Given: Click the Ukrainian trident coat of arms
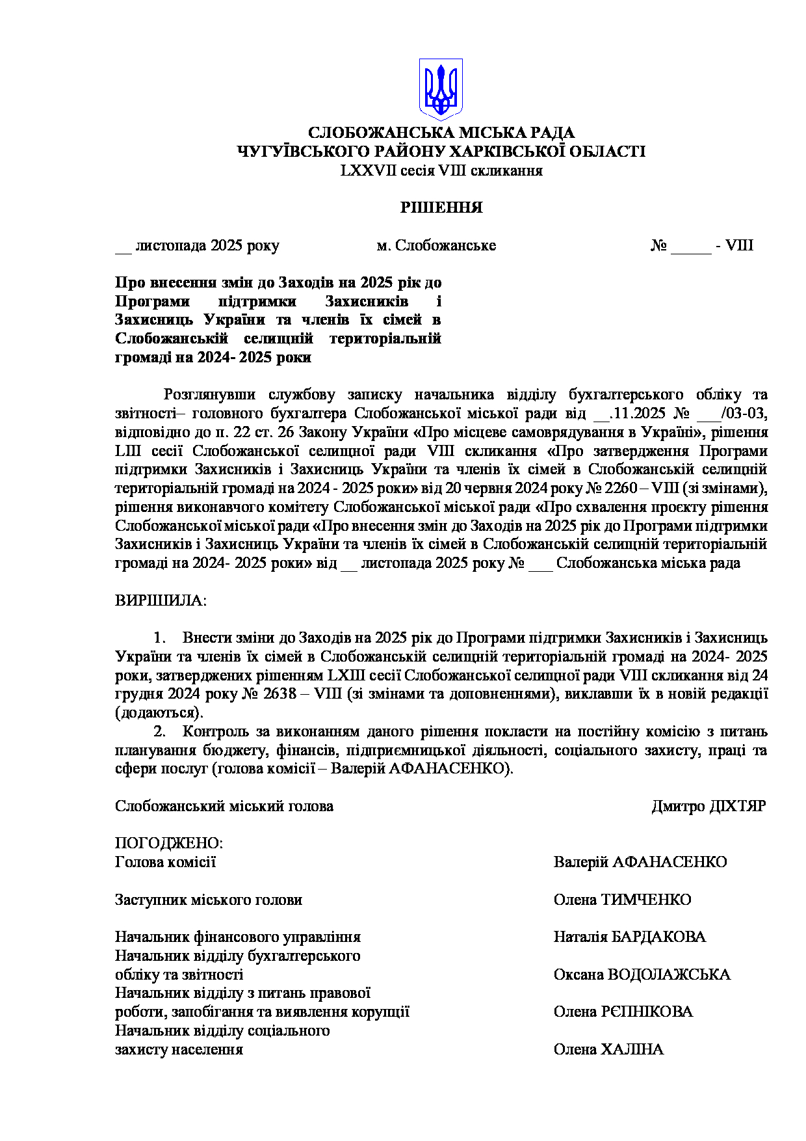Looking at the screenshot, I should pyautogui.click(x=440, y=88).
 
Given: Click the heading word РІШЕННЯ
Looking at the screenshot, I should pyautogui.click(x=441, y=208).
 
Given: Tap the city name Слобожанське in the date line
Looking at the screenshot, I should pyautogui.click(x=445, y=246).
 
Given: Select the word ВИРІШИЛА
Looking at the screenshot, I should pyautogui.click(x=161, y=600).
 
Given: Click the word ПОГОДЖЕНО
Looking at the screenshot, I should pyautogui.click(x=168, y=844).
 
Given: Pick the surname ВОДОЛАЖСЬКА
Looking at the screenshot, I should pyautogui.click(x=669, y=975).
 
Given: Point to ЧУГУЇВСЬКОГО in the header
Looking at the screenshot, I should pyautogui.click(x=303, y=152).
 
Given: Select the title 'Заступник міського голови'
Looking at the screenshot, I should pyautogui.click(x=208, y=900).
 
